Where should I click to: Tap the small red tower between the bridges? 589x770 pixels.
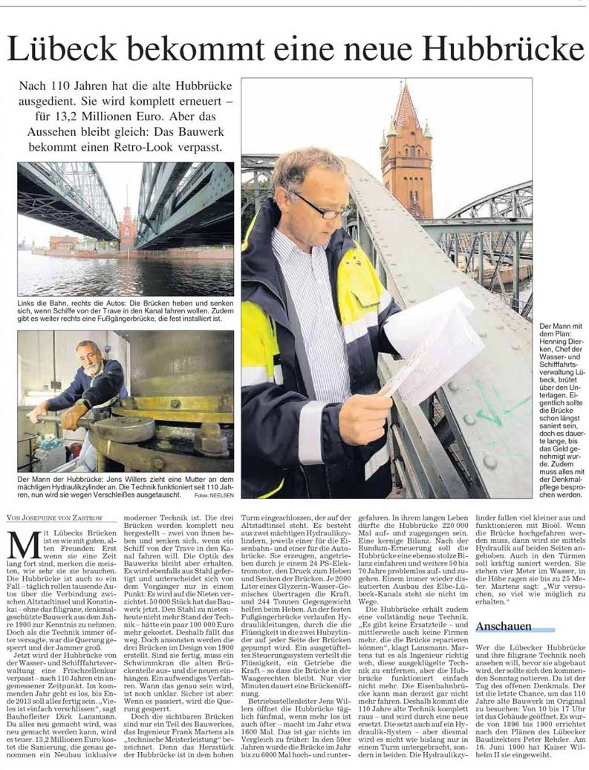128,230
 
